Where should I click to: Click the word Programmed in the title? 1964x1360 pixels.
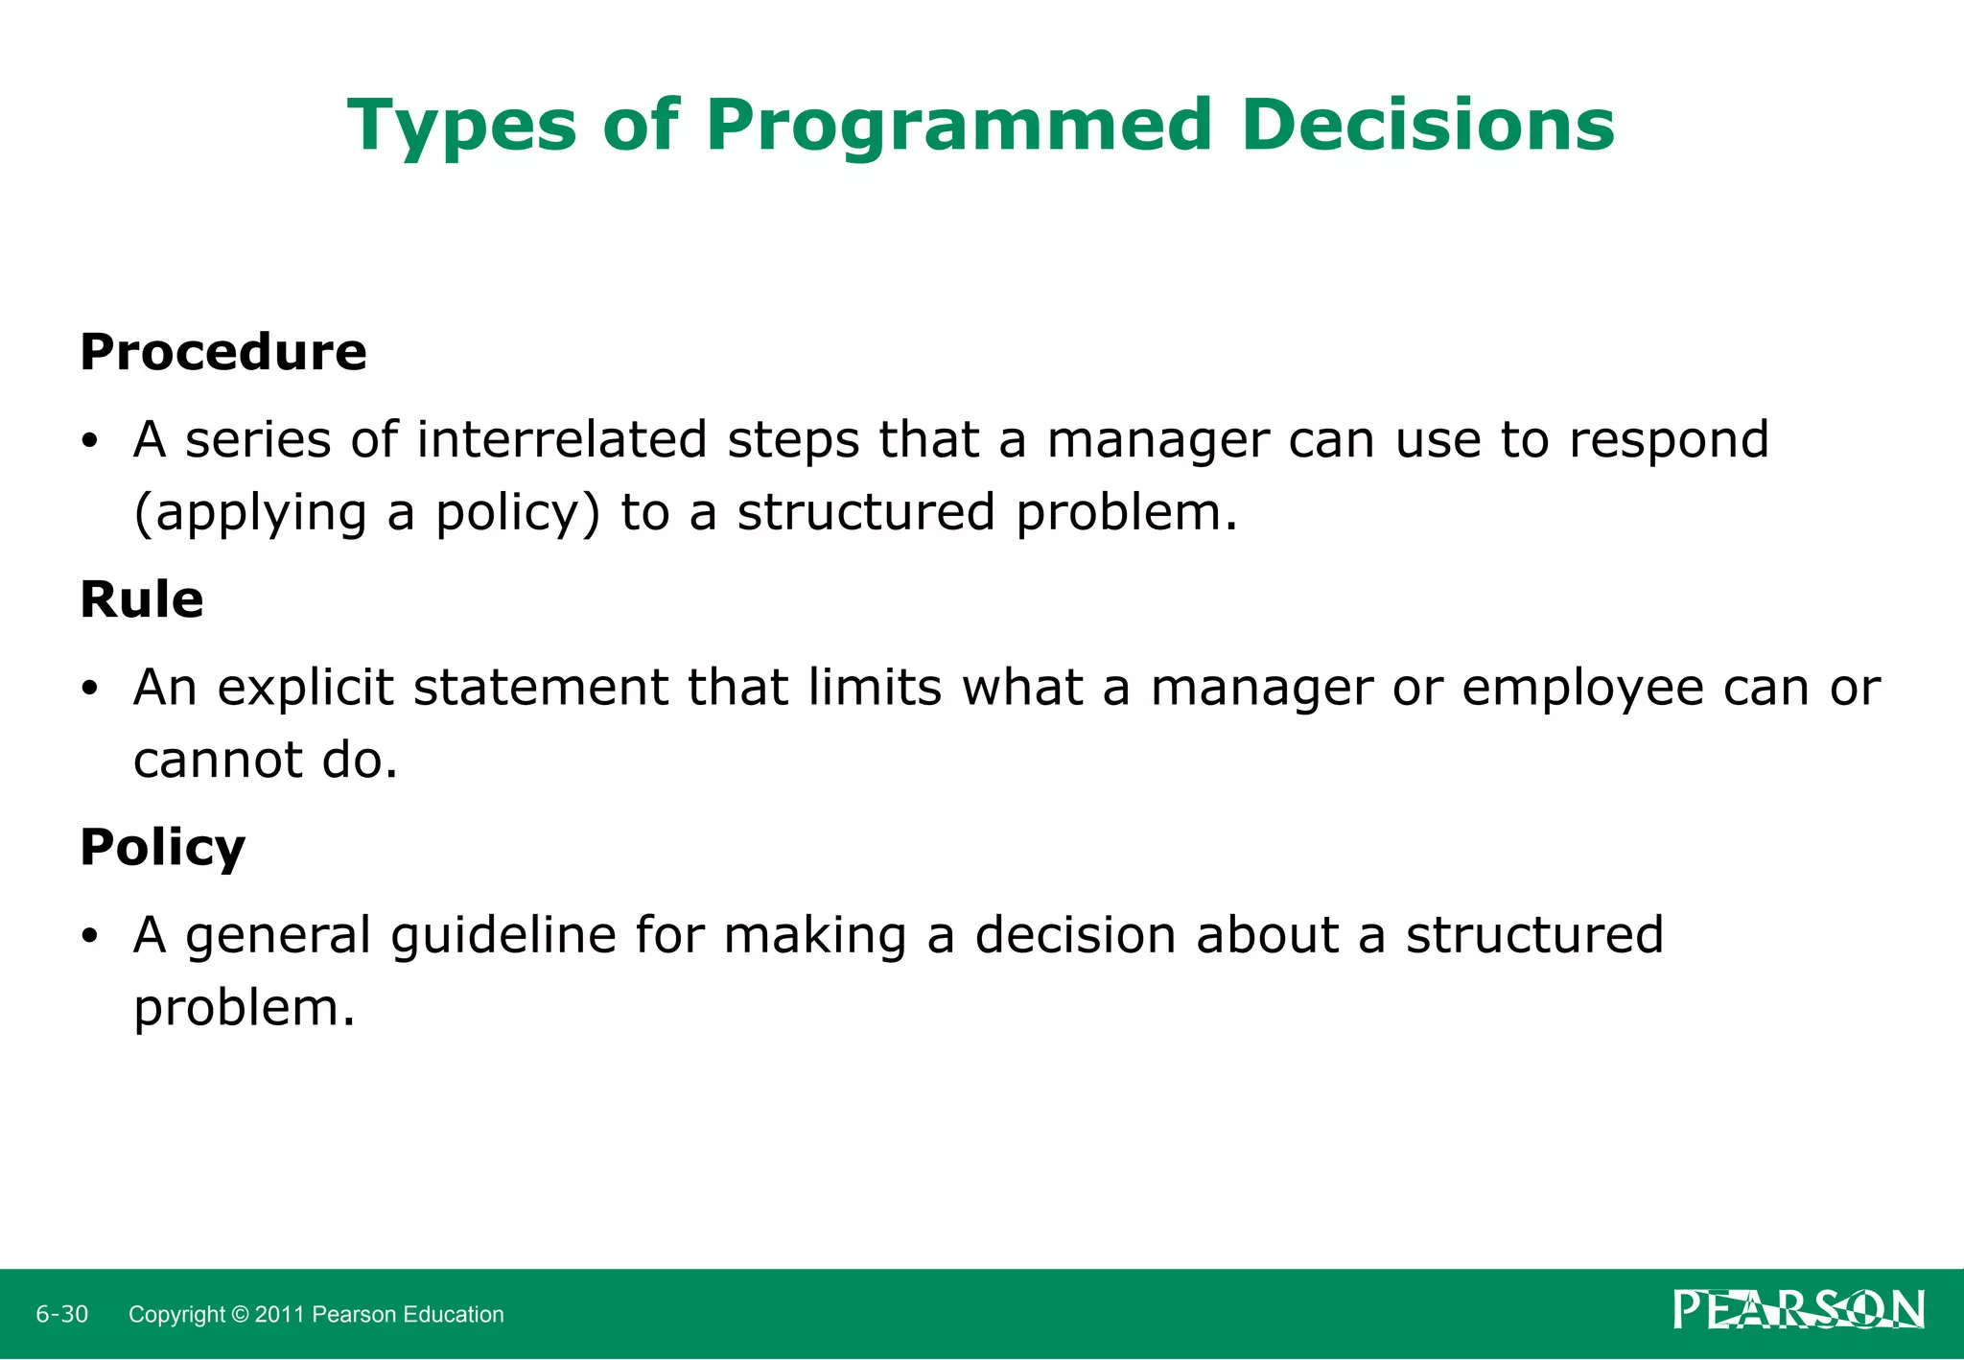coord(958,127)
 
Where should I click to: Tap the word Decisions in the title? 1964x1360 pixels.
coord(1427,125)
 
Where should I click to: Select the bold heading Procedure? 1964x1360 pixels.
coord(222,352)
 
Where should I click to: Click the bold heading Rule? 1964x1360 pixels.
coord(141,599)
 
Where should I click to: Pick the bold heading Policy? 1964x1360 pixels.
coord(162,848)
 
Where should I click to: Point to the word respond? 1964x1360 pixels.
coord(1669,441)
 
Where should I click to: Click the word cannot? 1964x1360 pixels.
coord(218,760)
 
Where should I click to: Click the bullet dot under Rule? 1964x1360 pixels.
coord(90,690)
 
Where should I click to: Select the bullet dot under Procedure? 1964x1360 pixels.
coord(90,442)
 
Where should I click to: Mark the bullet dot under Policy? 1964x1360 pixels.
coord(90,937)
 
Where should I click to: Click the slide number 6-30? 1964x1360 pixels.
coord(62,1314)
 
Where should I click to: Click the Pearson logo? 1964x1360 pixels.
coord(1798,1310)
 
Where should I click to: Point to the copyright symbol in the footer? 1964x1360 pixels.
coord(240,1314)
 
